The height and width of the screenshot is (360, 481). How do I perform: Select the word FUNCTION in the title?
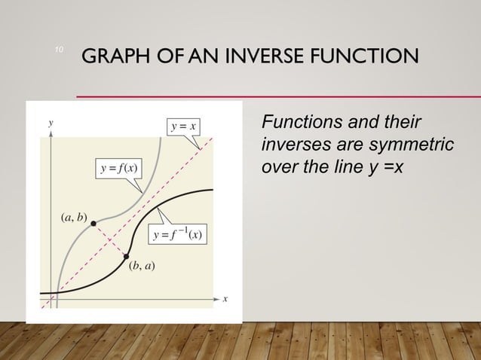tap(367, 56)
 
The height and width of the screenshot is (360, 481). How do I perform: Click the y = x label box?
tap(184, 125)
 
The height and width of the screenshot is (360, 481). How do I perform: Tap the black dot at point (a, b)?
tap(93, 223)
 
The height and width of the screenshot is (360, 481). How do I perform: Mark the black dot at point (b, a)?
tap(126, 257)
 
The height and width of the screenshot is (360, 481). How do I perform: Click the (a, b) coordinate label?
tap(73, 218)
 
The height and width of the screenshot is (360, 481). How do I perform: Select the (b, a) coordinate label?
tap(141, 266)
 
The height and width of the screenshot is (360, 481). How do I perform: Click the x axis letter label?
tap(225, 300)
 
